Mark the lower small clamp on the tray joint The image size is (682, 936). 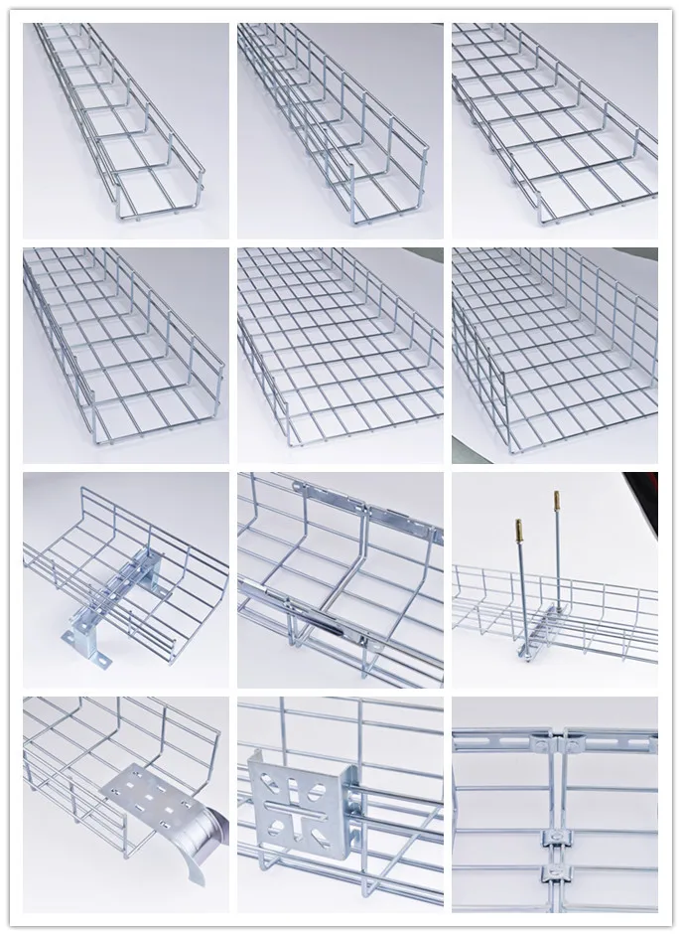pyautogui.click(x=555, y=873)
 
